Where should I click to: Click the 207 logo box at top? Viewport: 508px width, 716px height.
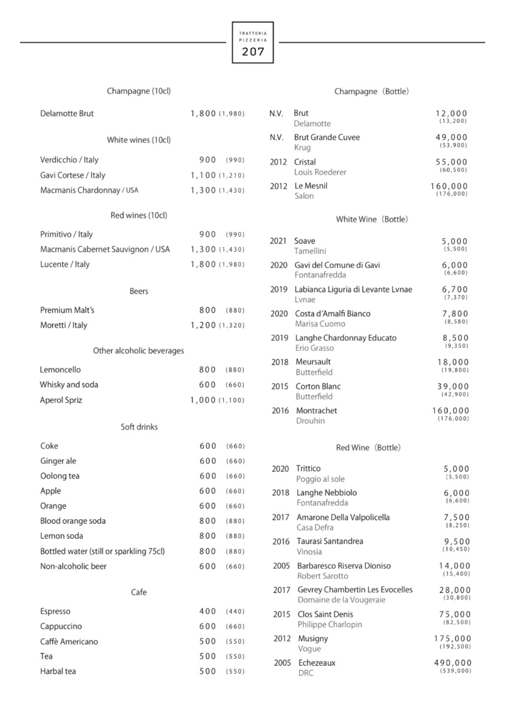pyautogui.click(x=253, y=42)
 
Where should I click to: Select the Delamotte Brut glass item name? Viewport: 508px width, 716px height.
pyautogui.click(x=67, y=113)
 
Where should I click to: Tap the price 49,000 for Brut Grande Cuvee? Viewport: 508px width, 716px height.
pyautogui.click(x=451, y=137)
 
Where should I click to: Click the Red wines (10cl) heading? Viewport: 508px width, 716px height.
pyautogui.click(x=138, y=215)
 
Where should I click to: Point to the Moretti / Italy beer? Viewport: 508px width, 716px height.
pyautogui.click(x=63, y=325)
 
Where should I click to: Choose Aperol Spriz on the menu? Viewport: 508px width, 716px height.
pyautogui.click(x=61, y=400)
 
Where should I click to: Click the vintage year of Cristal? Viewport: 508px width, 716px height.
pyautogui.click(x=279, y=162)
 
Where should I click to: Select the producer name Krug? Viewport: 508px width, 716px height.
pyautogui.click(x=302, y=147)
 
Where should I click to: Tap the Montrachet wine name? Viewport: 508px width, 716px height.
pyautogui.click(x=316, y=411)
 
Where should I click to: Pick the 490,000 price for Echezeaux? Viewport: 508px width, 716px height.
pyautogui.click(x=452, y=663)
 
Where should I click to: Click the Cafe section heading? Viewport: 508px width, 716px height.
pyautogui.click(x=138, y=592)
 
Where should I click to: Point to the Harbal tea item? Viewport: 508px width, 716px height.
pyautogui.click(x=58, y=671)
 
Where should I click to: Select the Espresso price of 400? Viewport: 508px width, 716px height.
pyautogui.click(x=208, y=612)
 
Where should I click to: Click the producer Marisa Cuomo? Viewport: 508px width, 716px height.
pyautogui.click(x=320, y=324)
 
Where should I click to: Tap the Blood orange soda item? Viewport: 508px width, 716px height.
pyautogui.click(x=73, y=521)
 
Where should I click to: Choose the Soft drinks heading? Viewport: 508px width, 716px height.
pyautogui.click(x=139, y=427)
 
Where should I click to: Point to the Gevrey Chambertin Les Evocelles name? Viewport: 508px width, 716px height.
pyautogui.click(x=355, y=590)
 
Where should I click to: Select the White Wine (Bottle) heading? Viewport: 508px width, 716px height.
pyautogui.click(x=372, y=219)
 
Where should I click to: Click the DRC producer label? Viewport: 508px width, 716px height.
pyautogui.click(x=306, y=673)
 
